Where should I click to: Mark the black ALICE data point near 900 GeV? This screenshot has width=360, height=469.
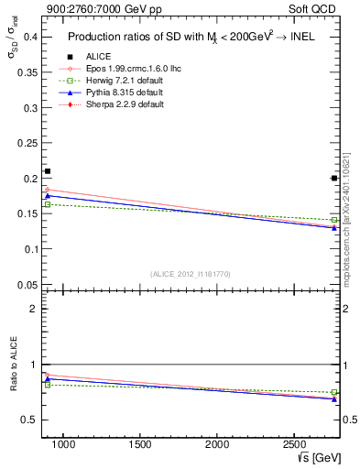coord(48,171)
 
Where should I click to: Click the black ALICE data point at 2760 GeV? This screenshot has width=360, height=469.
coord(334,178)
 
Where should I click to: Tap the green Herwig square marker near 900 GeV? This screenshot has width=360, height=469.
coord(48,204)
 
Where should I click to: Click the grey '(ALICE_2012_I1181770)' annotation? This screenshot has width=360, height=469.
coord(190,273)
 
